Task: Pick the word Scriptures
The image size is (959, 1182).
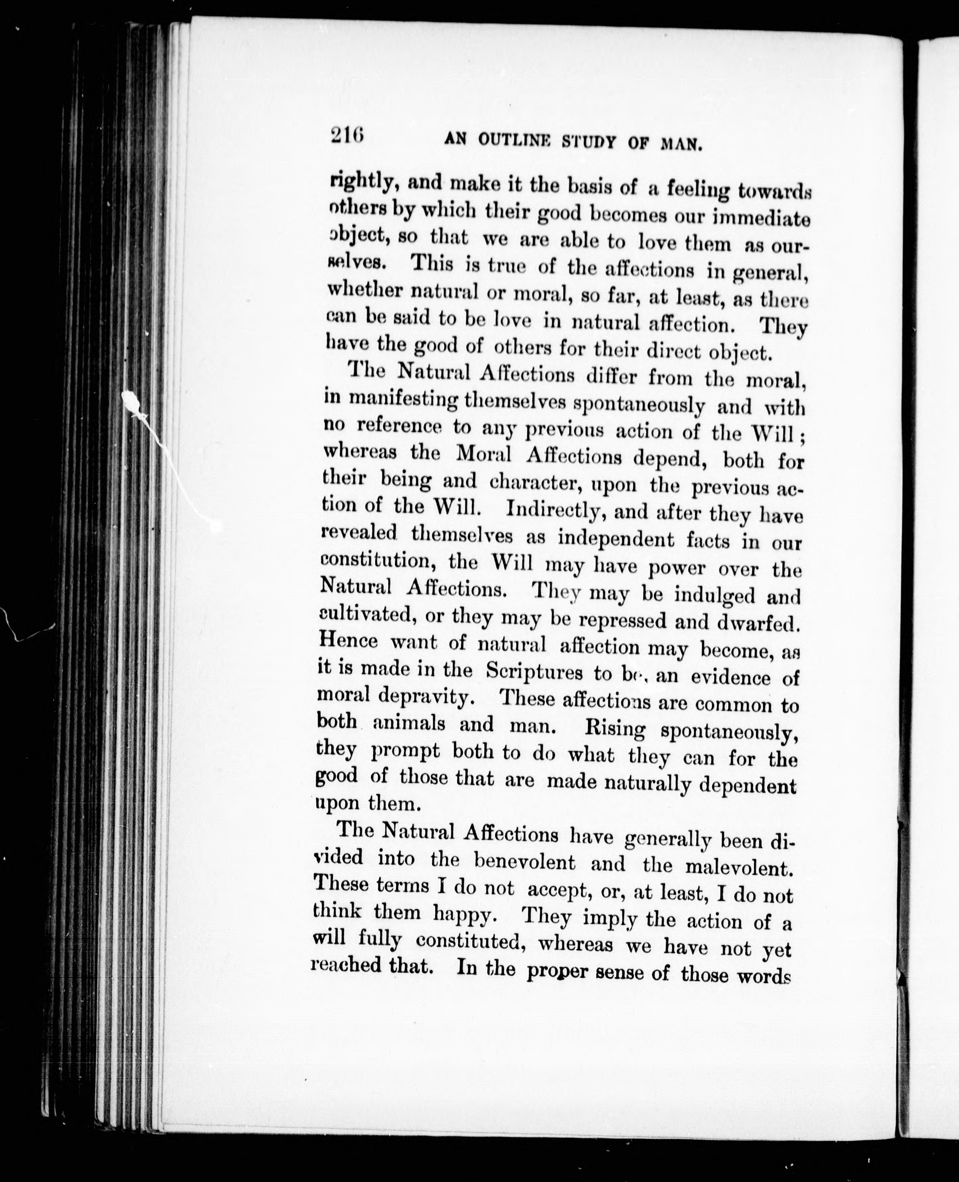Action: (534, 672)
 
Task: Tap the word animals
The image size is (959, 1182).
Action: (408, 724)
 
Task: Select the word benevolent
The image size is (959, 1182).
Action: (525, 863)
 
